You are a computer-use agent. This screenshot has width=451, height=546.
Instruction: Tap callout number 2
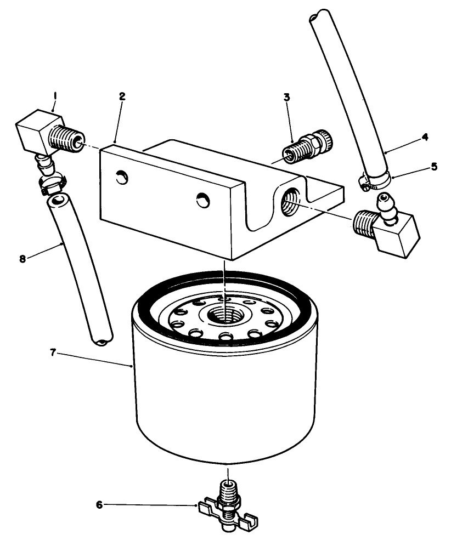(122, 96)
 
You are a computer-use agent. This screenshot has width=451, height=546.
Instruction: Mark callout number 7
(53, 352)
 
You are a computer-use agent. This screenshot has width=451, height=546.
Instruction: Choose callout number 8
(22, 258)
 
